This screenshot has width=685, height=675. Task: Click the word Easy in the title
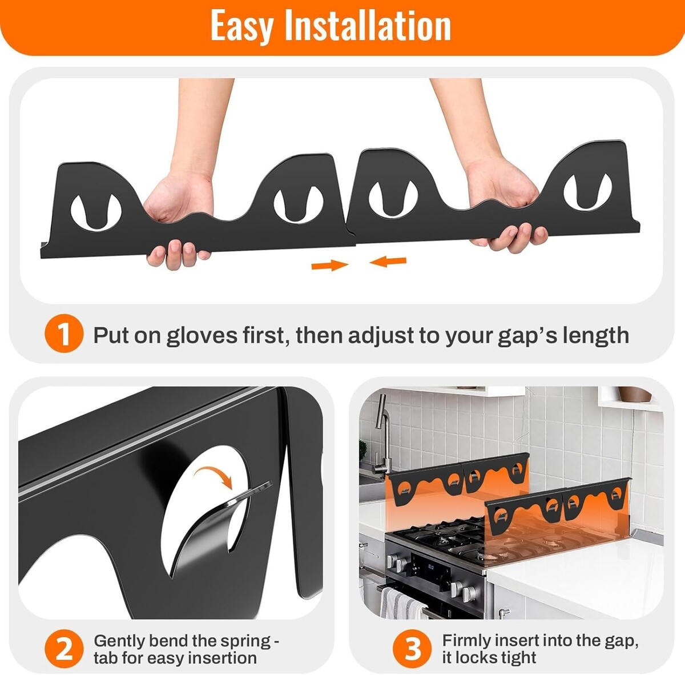(x=241, y=26)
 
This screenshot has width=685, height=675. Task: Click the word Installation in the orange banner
(x=368, y=25)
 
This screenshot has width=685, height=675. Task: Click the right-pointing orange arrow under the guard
(x=329, y=265)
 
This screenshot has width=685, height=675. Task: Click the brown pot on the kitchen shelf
(x=635, y=394)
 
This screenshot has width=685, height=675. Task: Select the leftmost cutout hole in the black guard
(x=96, y=212)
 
